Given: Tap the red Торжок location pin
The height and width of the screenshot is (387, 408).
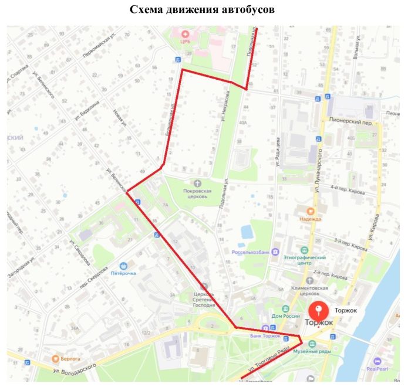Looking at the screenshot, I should pyautogui.click(x=318, y=310).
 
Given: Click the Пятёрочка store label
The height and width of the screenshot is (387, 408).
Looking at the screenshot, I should pyautogui.click(x=123, y=273).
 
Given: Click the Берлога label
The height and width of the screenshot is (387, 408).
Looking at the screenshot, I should pyautogui.click(x=71, y=358).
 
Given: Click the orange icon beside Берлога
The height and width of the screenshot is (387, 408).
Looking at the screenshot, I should pyautogui.click(x=55, y=357).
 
